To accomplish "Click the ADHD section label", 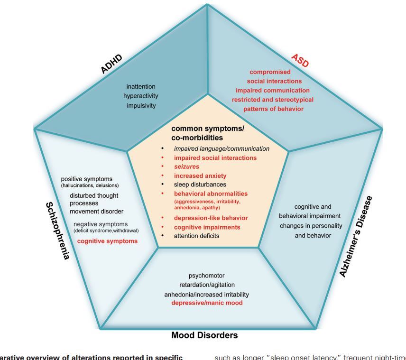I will pos(111,64).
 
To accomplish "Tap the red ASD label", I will pos(300,60).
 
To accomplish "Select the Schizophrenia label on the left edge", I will pos(57,231).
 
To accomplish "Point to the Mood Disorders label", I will pos(204,335).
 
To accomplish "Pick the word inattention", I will pos(141,86).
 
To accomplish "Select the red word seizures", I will pos(186,166).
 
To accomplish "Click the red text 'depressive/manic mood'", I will pos(207,303).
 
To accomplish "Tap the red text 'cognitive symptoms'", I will pos(108,241).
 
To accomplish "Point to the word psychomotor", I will pos(206,275).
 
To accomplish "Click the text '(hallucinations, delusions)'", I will pos(90,185).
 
